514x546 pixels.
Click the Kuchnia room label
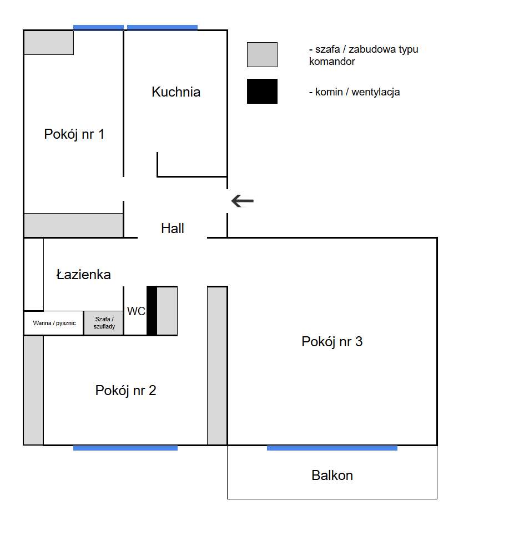(175, 92)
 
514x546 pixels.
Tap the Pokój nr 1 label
(74, 134)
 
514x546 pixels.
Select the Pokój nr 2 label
(125, 391)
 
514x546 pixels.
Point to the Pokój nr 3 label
(332, 342)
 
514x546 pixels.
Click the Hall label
(172, 229)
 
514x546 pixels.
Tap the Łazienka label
(84, 275)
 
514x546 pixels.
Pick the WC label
(136, 311)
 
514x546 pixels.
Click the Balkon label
(332, 476)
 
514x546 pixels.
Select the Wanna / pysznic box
(54, 323)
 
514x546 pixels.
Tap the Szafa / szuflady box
(104, 323)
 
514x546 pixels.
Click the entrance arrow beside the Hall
(242, 201)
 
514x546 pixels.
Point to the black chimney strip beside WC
(152, 311)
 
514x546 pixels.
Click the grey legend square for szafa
(262, 54)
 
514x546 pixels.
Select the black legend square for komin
(262, 91)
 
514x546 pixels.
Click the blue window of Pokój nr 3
(332, 448)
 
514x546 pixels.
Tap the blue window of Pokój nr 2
(125, 448)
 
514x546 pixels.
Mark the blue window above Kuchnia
(162, 27)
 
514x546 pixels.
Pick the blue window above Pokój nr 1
(98, 27)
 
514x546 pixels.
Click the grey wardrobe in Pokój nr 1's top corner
(48, 43)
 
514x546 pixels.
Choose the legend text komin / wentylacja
(354, 92)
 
